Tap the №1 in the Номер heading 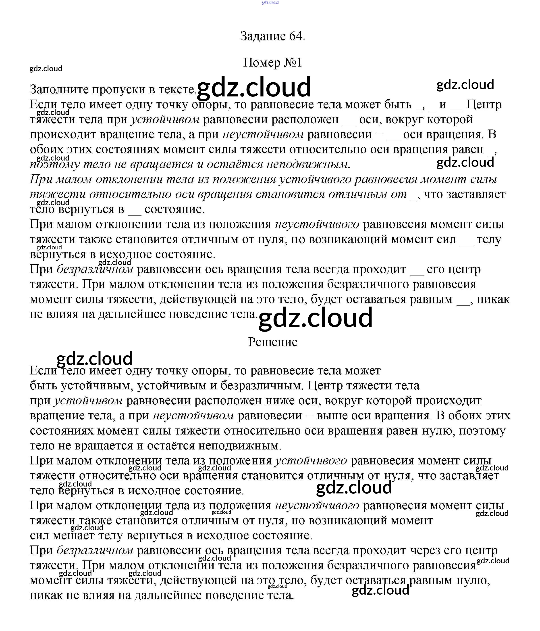(293, 63)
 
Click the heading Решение (273, 342)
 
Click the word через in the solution (425, 550)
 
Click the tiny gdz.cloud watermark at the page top (270, 2)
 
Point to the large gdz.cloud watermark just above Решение (315, 318)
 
